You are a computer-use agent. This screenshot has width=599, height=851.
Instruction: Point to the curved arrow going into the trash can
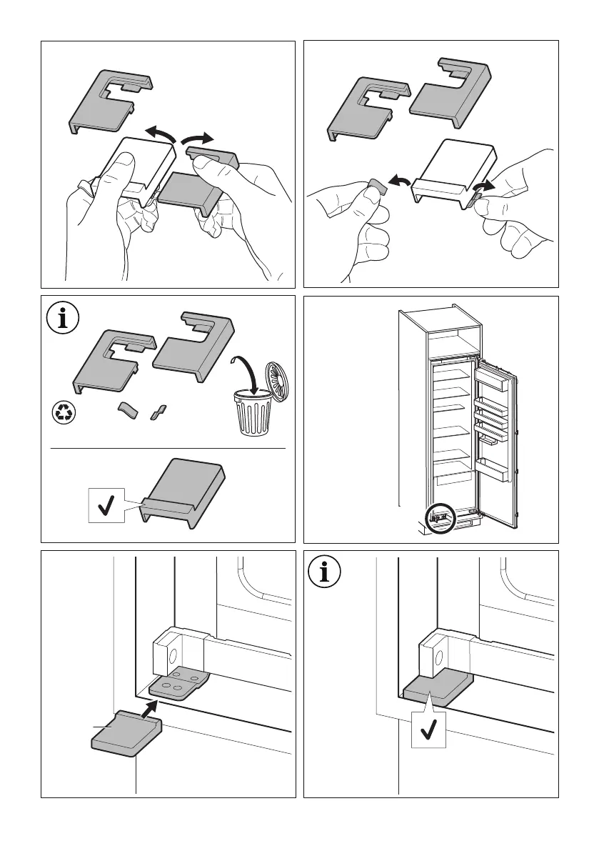click(x=243, y=370)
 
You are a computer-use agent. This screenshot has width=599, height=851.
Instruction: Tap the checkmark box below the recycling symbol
click(x=106, y=506)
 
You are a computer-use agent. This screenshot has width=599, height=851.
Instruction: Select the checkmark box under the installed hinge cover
click(x=429, y=730)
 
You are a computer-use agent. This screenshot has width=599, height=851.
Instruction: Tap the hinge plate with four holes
click(x=178, y=683)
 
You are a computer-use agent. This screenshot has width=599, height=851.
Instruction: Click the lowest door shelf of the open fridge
click(x=492, y=470)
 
